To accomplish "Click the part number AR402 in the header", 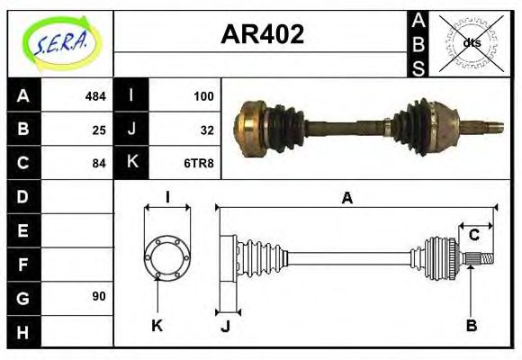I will [x=262, y=35].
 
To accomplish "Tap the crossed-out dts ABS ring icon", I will [x=471, y=41].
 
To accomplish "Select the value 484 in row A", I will [x=95, y=95].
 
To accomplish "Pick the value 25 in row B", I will [x=99, y=130].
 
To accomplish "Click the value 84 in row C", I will [x=99, y=164].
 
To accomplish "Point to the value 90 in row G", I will [x=99, y=296].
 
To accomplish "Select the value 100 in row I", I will [x=202, y=95].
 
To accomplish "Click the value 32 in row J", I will [x=206, y=130].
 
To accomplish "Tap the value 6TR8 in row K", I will [x=200, y=164].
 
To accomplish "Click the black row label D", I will [x=22, y=196].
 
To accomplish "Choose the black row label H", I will [x=22, y=330].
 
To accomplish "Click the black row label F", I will [x=22, y=265].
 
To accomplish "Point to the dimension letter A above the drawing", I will [x=346, y=197].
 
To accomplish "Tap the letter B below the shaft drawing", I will [x=471, y=325].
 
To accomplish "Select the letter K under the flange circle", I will [x=157, y=325].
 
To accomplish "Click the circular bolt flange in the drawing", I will [x=166, y=256].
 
